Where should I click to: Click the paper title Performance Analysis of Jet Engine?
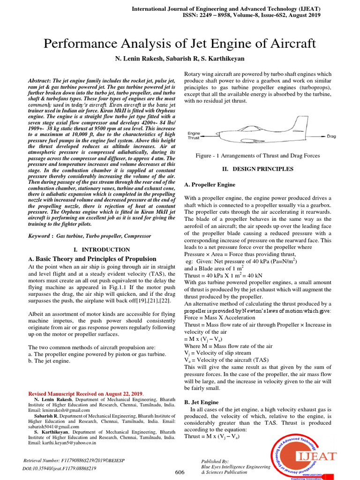(x=180, y=44)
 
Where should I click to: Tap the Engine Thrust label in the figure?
(x=194, y=136)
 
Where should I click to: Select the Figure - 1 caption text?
(x=257, y=156)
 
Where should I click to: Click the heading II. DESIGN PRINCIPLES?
(x=257, y=169)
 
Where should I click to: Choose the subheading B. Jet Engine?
(x=201, y=402)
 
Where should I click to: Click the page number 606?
(x=180, y=472)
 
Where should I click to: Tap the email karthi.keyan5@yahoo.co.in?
(x=62, y=442)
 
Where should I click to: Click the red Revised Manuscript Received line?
(x=87, y=393)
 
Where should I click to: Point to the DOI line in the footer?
(x=60, y=468)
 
